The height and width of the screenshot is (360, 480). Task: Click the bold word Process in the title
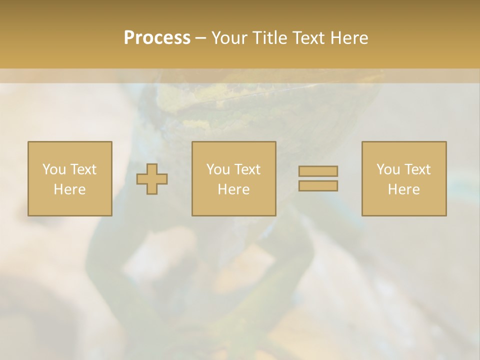[x=157, y=38]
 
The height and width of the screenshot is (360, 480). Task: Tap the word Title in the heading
[x=270, y=38]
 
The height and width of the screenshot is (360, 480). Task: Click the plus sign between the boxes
[x=152, y=179]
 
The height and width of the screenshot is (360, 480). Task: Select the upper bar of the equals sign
[x=318, y=171]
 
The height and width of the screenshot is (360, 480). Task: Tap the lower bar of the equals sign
[x=318, y=186]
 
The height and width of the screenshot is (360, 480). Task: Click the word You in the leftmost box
[x=54, y=169]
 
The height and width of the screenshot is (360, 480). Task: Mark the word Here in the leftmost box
[x=69, y=189]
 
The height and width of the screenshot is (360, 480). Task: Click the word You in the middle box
[x=218, y=169]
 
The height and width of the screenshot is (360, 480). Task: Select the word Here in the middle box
[x=233, y=189]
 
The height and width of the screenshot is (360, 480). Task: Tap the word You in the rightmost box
[x=388, y=169]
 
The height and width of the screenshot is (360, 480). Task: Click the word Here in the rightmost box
[x=403, y=189]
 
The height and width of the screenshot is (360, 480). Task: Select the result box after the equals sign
[x=404, y=205]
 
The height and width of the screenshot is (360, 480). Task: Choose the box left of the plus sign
[x=69, y=205]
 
